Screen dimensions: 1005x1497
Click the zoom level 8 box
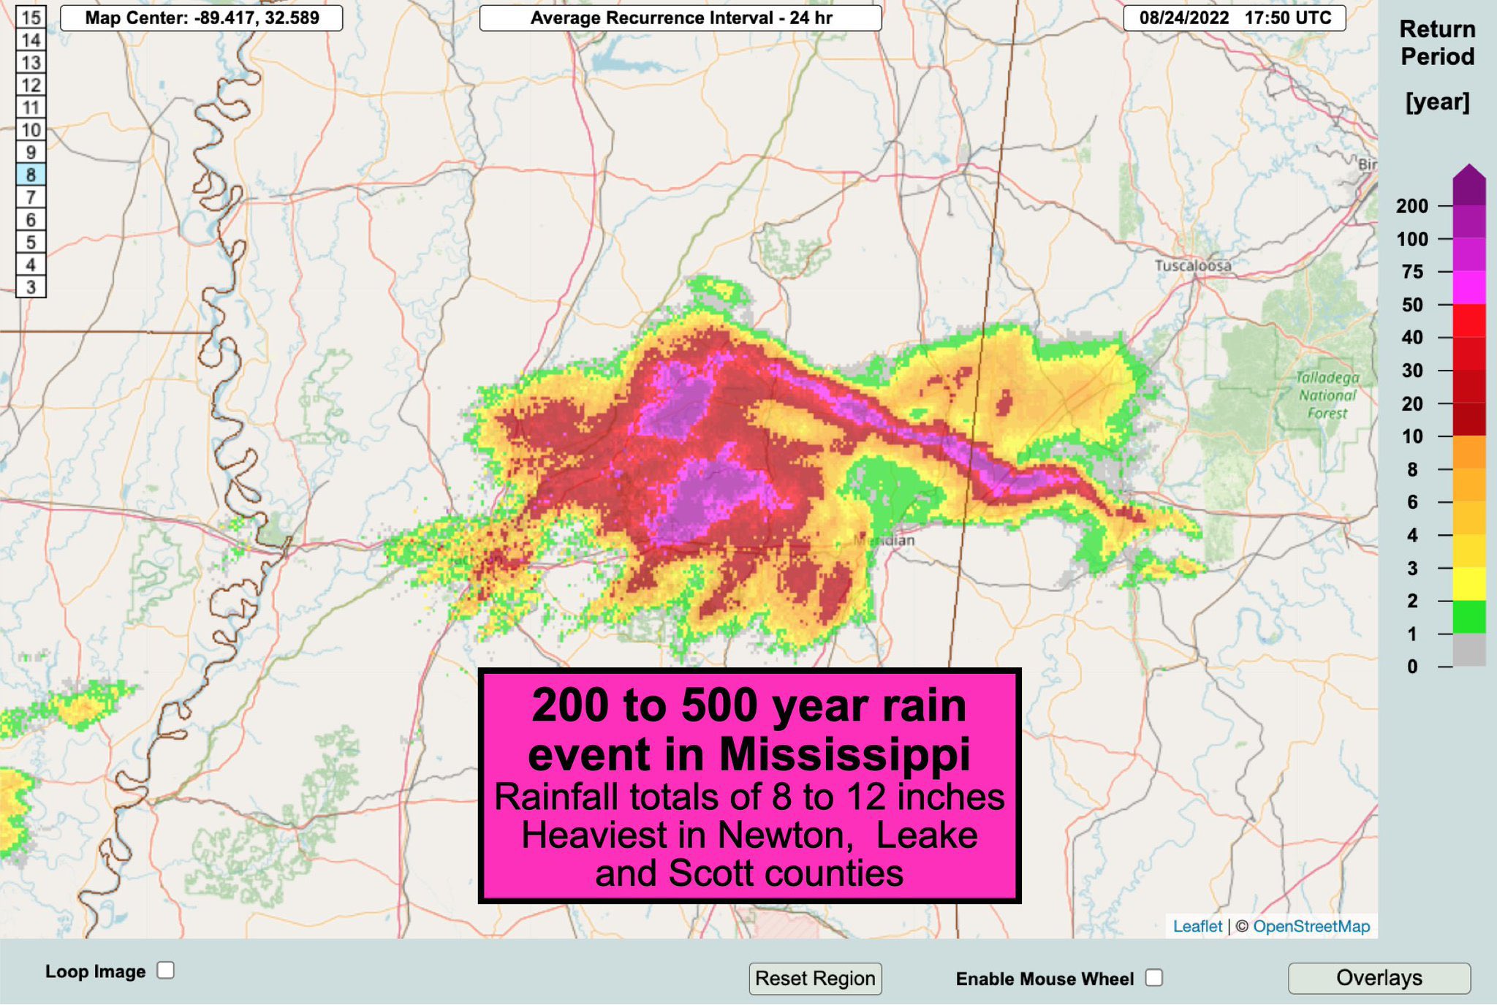coord(31,175)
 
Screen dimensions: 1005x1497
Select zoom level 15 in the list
coord(31,18)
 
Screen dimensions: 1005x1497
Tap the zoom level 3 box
coord(31,287)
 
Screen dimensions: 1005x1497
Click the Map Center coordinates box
coord(202,18)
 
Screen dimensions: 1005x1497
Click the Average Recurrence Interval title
coord(681,18)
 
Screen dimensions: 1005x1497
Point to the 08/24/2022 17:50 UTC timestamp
coord(1235,18)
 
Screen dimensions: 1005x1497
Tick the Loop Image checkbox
coord(166,971)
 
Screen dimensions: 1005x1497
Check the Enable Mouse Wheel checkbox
coord(1154,978)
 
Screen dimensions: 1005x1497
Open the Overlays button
coord(1379,978)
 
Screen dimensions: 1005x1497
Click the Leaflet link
coord(1197,926)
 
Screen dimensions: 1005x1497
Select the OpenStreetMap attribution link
coord(1311,926)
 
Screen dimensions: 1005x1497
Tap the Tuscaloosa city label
coord(1193,265)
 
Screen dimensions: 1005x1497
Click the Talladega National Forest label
coord(1327,395)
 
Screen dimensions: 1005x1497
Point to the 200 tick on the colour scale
coord(1411,206)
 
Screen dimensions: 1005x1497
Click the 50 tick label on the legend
coord(1411,305)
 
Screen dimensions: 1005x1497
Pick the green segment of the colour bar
coord(1469,617)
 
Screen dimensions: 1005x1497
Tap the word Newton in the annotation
coord(785,835)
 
